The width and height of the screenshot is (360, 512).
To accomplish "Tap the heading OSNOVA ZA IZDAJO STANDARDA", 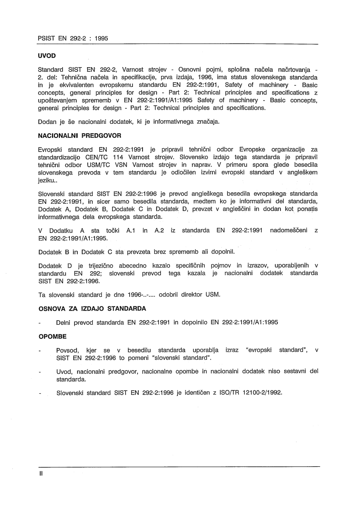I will [x=92, y=308].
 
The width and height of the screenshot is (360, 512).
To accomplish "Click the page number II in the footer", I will [x=41, y=474].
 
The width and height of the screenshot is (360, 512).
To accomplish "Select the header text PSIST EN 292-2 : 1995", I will [x=73, y=39].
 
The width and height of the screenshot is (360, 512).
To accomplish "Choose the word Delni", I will [x=64, y=322].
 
